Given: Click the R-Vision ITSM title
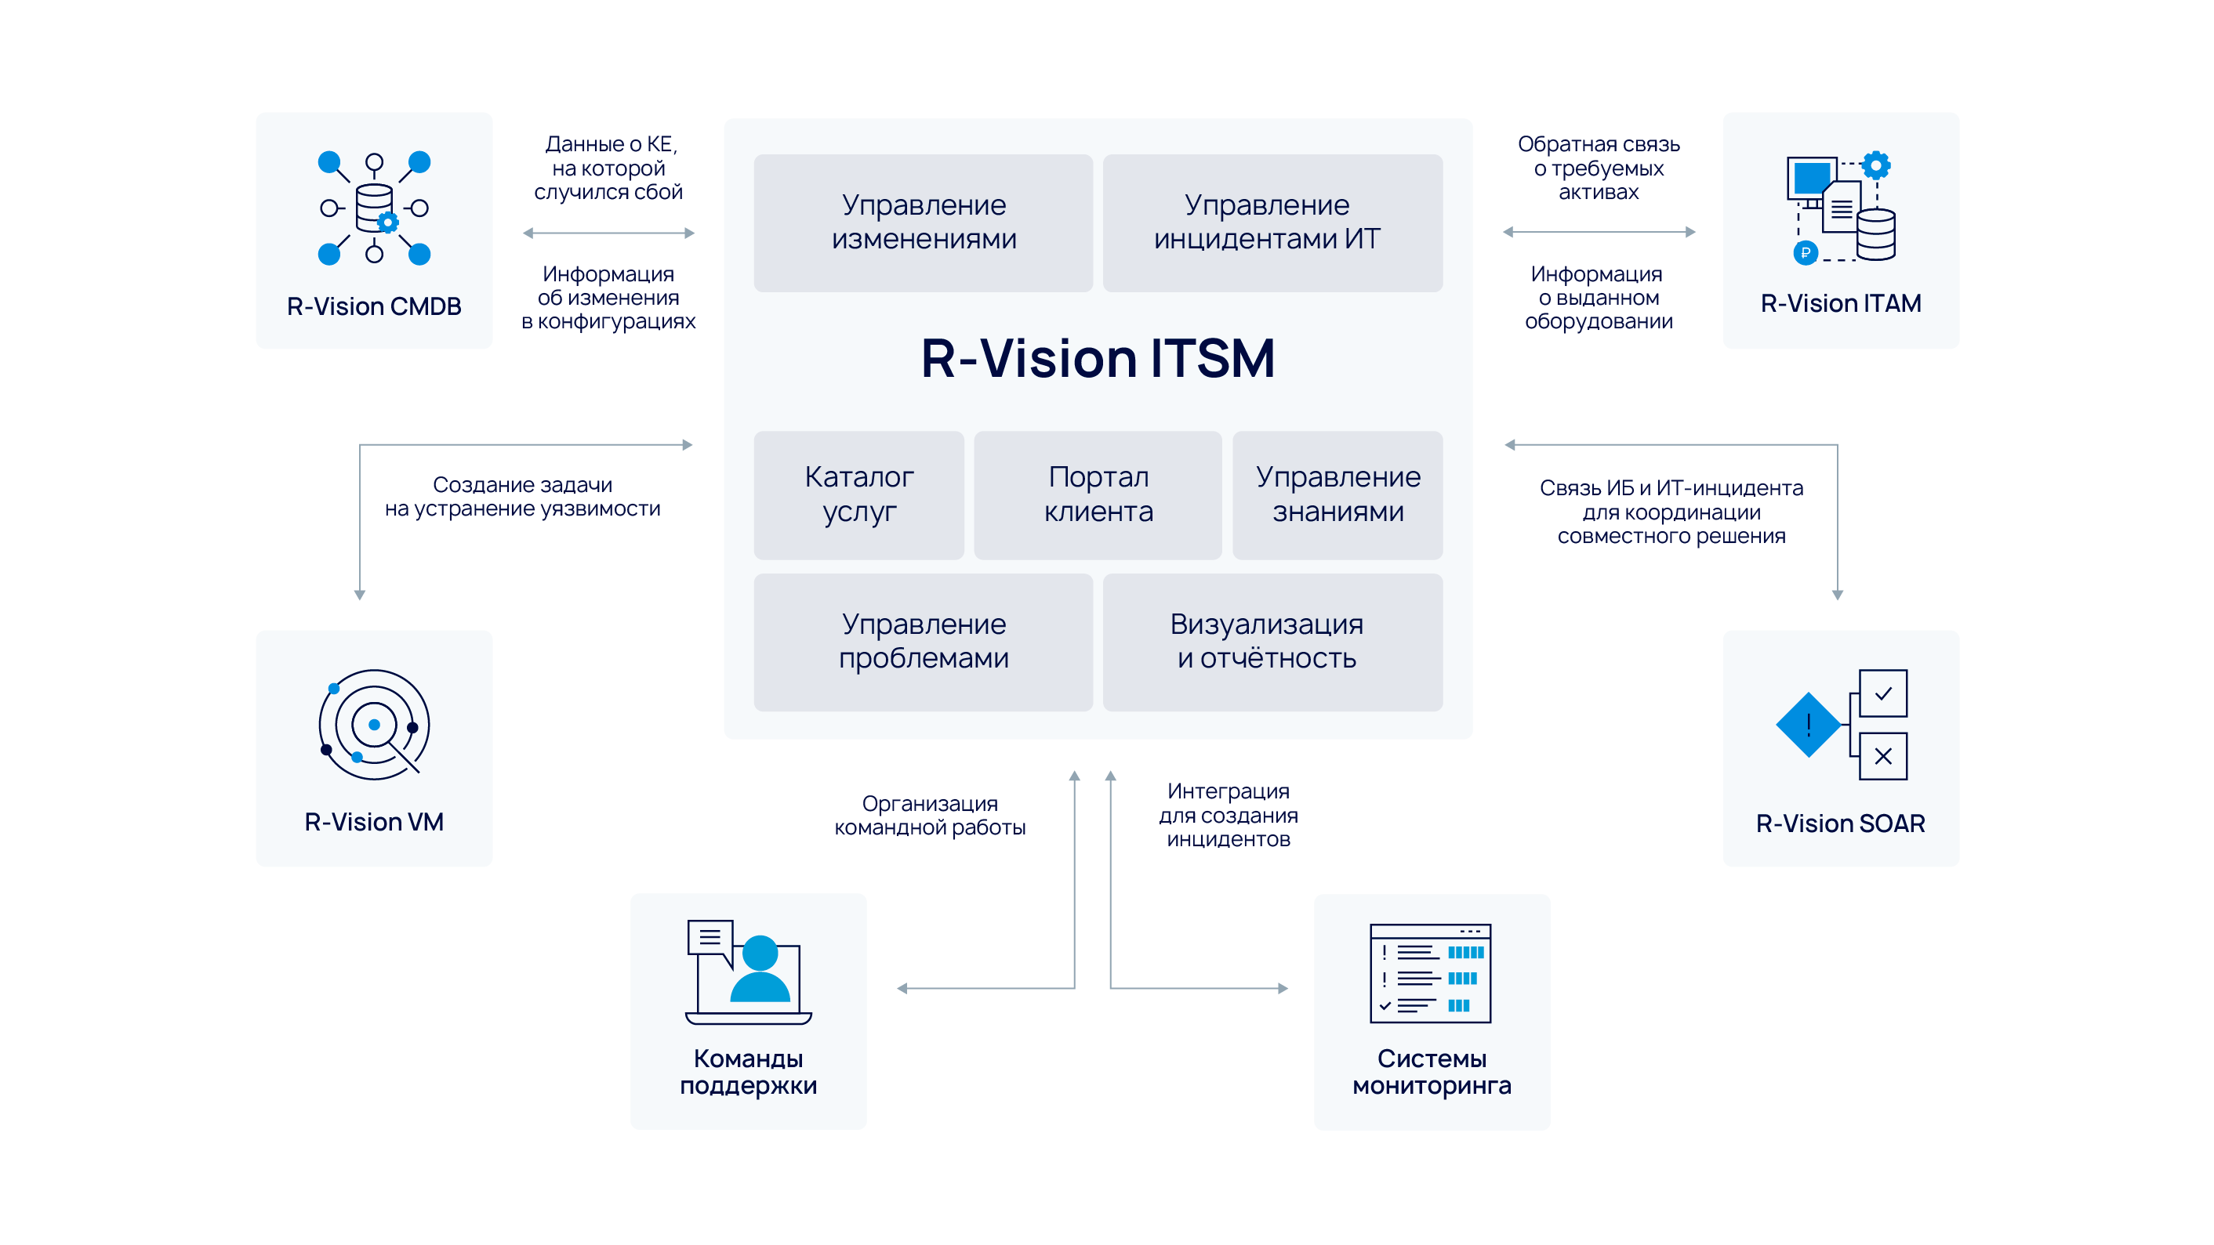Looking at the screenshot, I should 1098,358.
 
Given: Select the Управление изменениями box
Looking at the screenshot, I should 923,223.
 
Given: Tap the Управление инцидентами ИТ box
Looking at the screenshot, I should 1272,223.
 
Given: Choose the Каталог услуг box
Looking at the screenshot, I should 858,495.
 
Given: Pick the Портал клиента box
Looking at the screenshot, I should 1098,495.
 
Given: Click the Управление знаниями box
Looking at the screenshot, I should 1337,495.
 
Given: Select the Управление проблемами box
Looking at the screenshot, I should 923,641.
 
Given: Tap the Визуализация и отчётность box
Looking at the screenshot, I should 1272,641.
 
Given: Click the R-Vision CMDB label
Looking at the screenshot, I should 374,306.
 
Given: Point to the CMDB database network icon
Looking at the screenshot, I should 374,208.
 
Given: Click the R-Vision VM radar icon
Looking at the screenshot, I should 374,724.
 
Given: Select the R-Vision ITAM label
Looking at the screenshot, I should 1840,303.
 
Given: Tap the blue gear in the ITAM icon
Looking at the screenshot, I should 1875,164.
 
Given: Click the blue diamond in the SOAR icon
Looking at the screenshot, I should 1807,724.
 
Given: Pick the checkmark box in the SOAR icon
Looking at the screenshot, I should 1882,693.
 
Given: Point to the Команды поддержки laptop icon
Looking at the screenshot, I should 748,972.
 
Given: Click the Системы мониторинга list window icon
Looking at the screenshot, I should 1430,973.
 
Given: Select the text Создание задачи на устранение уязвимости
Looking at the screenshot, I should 523,497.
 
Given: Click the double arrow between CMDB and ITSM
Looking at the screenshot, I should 608,233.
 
